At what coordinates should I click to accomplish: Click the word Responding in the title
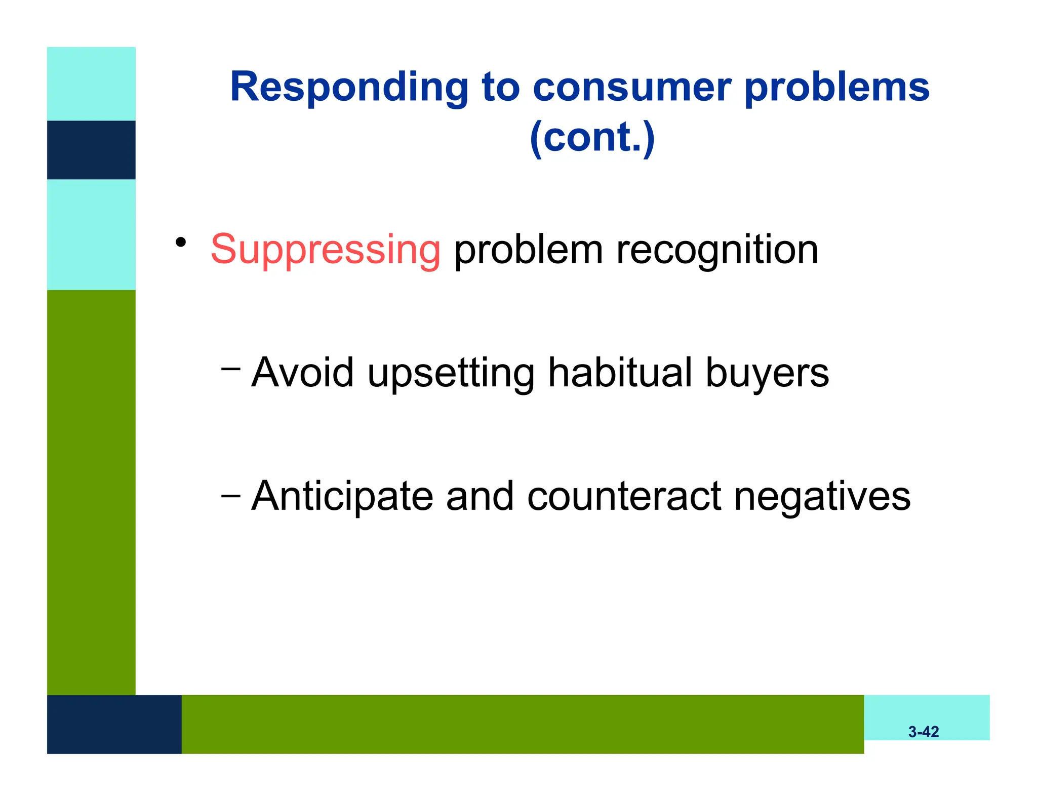349,87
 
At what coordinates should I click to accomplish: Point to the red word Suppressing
326,250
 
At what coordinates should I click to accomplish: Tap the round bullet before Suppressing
181,243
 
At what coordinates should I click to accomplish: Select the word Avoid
302,372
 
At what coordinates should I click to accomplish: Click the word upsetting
451,373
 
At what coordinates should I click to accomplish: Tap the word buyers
767,373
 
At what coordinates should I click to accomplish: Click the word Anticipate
342,496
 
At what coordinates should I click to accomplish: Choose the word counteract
624,496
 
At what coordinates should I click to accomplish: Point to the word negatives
822,496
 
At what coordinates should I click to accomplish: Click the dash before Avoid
230,369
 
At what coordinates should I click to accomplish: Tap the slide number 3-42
923,732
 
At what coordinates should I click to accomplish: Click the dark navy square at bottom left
114,724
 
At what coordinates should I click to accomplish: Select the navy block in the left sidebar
91,150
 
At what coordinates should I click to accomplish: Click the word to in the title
500,87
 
